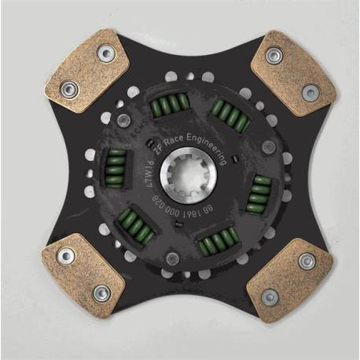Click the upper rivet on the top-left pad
(101, 53)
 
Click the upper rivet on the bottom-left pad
(67, 255)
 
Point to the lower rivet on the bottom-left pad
(100, 292)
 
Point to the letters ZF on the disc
(160, 144)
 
